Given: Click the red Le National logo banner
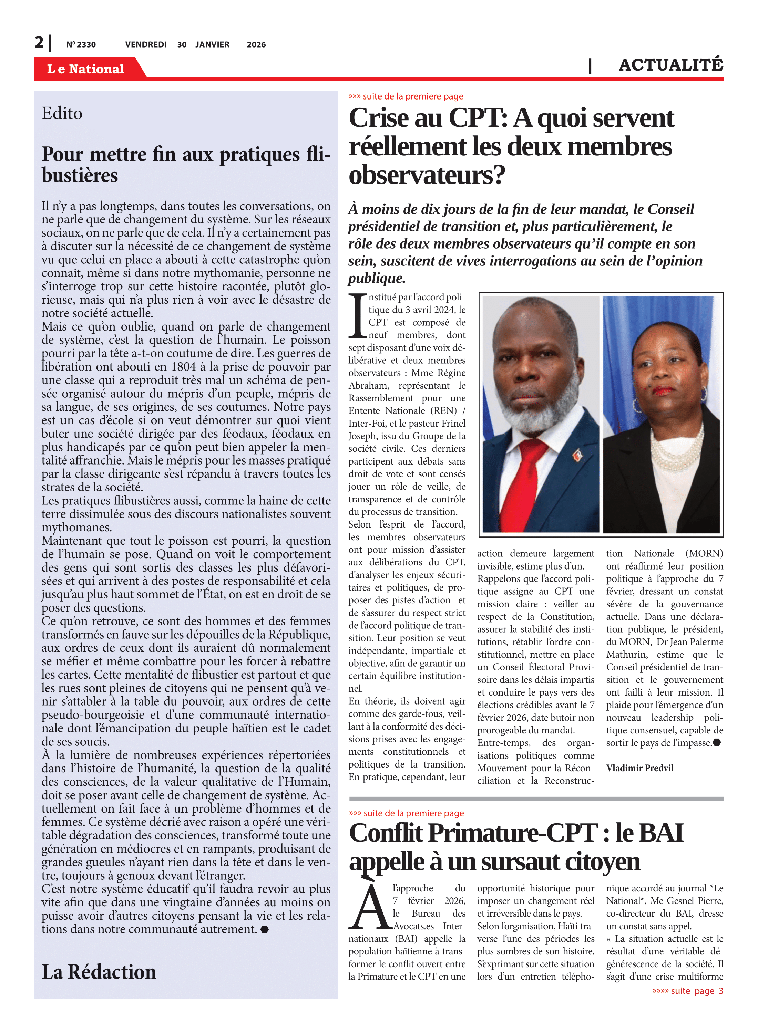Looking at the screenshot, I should [86, 69].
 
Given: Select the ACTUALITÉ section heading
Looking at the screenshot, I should [670, 65].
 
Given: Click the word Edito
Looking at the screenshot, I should [62, 113].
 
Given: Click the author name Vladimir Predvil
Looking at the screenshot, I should [639, 768].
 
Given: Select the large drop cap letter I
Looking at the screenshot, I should [357, 317].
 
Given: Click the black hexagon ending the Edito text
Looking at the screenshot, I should [264, 929].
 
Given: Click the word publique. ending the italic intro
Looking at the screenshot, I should [376, 278].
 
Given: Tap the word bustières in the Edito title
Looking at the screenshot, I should [80, 175].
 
